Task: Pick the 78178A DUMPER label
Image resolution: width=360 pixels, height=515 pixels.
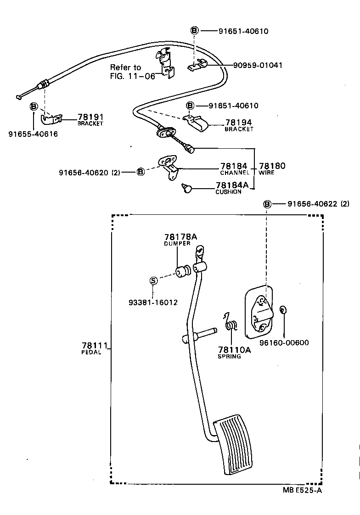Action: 180,240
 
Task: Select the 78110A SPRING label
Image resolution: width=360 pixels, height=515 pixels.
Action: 234,352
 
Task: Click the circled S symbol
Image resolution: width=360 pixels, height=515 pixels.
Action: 154,281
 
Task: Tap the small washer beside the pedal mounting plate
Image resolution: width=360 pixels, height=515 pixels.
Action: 283,310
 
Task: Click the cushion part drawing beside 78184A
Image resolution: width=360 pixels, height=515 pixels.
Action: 187,188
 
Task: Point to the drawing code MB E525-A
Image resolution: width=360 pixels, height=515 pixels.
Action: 302,490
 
